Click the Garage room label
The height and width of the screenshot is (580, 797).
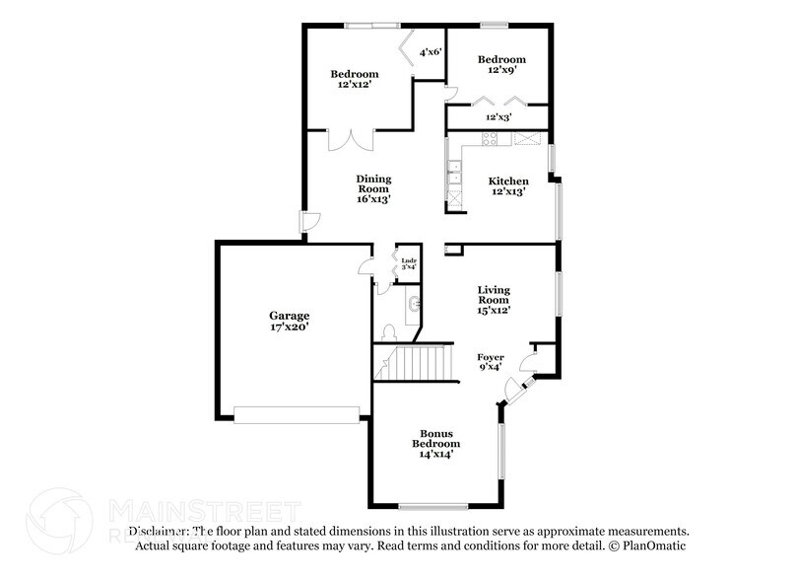pyautogui.click(x=291, y=322)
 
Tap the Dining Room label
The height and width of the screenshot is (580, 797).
pyautogui.click(x=373, y=188)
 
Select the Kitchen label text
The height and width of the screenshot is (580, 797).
pyautogui.click(x=508, y=186)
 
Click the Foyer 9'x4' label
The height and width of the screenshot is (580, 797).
pyautogui.click(x=491, y=362)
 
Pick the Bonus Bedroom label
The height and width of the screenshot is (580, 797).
pyautogui.click(x=436, y=443)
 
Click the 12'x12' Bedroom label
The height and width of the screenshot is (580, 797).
pyautogui.click(x=354, y=80)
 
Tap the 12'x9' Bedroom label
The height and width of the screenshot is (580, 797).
pyautogui.click(x=501, y=64)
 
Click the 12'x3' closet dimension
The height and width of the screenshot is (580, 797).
pyautogui.click(x=498, y=117)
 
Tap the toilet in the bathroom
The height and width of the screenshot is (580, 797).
pyautogui.click(x=389, y=331)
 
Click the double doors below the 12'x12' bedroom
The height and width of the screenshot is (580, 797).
pyautogui.click(x=351, y=139)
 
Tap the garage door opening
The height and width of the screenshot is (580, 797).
pyautogui.click(x=297, y=415)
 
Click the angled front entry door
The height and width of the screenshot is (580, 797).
pyautogui.click(x=516, y=391)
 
